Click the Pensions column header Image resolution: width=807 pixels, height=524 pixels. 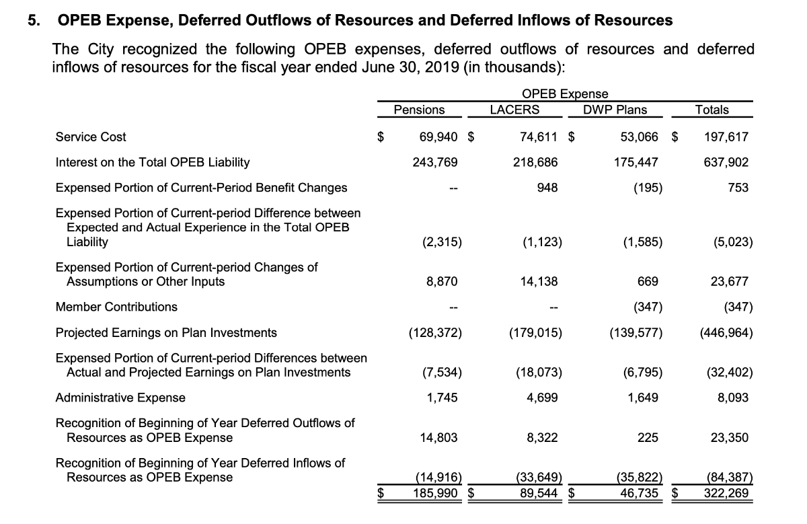(419, 110)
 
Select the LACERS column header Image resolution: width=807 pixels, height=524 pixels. (514, 110)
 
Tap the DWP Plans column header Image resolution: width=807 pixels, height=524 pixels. (615, 110)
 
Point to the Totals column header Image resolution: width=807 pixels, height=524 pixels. (712, 110)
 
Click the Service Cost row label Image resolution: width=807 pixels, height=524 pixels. (91, 137)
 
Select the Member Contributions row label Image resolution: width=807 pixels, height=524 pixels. (116, 307)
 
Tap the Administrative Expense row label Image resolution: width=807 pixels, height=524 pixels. (120, 398)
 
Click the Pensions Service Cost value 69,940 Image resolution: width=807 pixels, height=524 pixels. (438, 137)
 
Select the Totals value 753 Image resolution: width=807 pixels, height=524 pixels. (738, 188)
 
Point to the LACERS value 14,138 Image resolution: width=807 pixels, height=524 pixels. (539, 282)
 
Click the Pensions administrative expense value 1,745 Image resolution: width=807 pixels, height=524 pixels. (443, 398)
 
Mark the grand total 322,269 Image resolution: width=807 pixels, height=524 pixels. (727, 492)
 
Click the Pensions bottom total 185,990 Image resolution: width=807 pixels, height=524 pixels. (437, 492)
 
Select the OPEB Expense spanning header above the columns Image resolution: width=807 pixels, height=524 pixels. (565, 94)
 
